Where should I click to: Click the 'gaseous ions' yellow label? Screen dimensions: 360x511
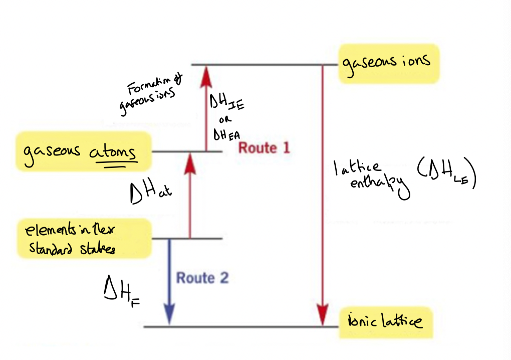point(388,63)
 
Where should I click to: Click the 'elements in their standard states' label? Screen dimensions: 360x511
point(83,239)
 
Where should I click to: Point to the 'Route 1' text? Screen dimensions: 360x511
point(264,148)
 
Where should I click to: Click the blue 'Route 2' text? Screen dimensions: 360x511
point(202,278)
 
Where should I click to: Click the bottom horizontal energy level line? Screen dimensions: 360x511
point(235,327)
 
